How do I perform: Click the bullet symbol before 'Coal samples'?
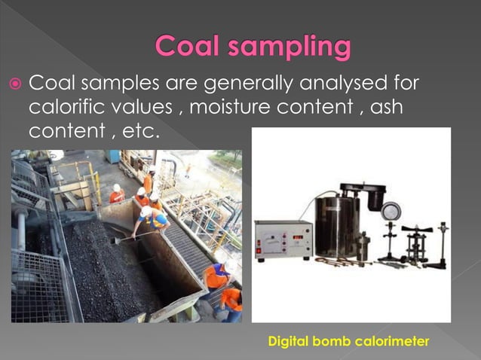17,83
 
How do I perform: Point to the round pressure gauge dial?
391,212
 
